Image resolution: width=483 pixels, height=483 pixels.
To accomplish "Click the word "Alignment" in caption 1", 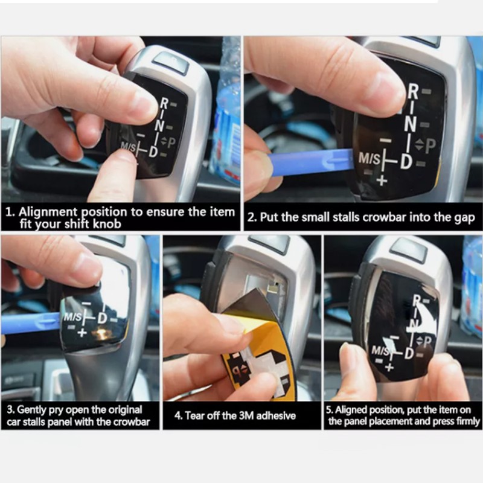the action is point(48,213).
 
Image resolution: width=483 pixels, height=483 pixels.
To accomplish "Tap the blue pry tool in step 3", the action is point(31,322).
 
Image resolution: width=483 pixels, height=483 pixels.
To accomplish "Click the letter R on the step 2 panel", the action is point(413,92).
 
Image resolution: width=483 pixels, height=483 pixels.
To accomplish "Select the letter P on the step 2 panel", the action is point(430,146).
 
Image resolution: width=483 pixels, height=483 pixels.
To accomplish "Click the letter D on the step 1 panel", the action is point(153,152).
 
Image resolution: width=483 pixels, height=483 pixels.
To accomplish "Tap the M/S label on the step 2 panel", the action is point(369,159).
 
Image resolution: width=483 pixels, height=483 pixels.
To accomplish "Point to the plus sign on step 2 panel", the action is point(382,180).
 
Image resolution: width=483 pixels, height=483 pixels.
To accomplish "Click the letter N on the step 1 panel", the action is point(159,125).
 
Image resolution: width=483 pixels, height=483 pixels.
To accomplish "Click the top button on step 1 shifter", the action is point(170,62).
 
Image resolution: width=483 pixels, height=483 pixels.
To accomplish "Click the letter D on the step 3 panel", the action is point(102,318).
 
